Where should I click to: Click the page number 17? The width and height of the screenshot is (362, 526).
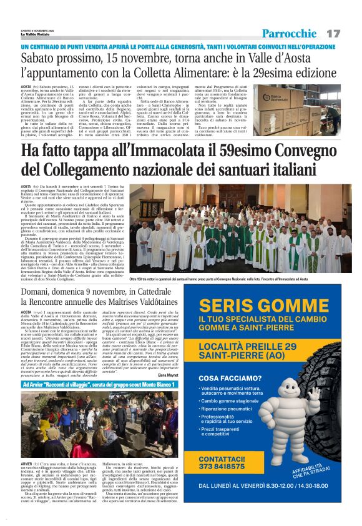(x=333, y=32)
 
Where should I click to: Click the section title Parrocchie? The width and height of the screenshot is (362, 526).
(x=289, y=33)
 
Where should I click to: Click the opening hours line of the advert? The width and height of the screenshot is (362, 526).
(x=269, y=484)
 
